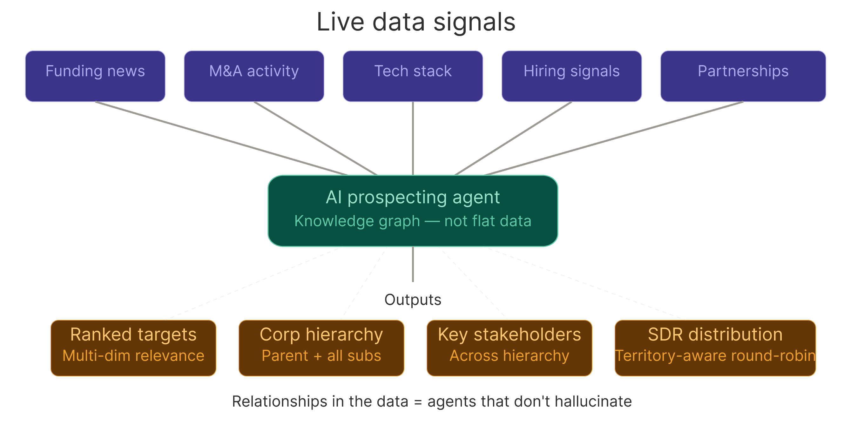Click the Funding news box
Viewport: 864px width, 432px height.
95,76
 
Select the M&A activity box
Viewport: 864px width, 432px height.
254,76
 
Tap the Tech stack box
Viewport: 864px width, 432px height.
413,76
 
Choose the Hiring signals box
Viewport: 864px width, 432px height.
571,76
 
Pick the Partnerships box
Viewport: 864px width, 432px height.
743,76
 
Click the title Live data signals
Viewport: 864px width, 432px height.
416,22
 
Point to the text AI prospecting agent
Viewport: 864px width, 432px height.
413,197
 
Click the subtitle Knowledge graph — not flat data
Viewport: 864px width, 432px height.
413,221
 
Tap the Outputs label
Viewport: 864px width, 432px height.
413,300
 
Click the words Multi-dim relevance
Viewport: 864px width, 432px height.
133,355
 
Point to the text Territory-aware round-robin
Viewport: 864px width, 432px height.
715,355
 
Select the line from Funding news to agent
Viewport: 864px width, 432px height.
221,138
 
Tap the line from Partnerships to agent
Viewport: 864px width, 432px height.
614,138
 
